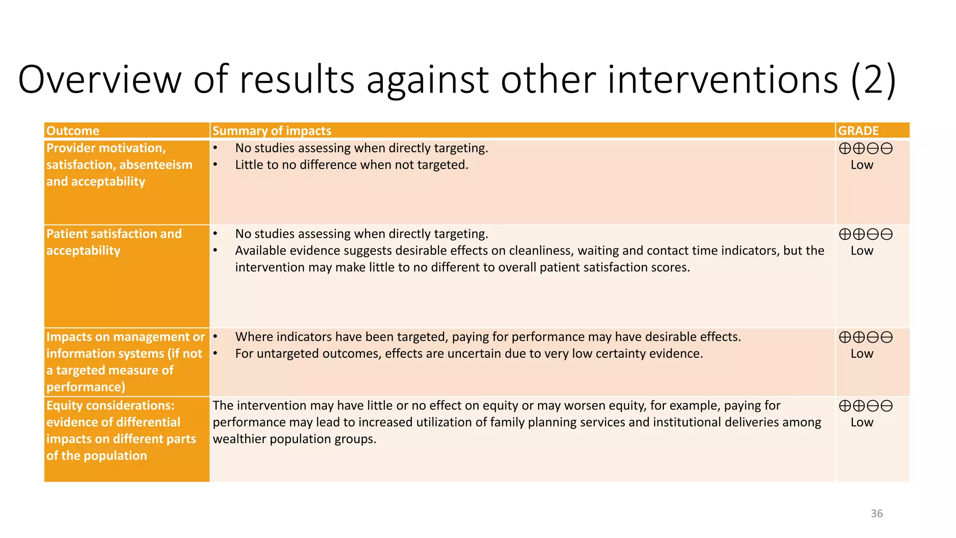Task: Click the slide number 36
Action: click(x=876, y=513)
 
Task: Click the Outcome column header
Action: click(x=73, y=131)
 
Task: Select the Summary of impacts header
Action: click(x=272, y=131)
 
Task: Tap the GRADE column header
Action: click(x=858, y=131)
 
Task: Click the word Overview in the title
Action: click(x=99, y=79)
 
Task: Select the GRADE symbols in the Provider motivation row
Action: click(x=865, y=149)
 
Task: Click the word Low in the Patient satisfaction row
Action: click(x=862, y=251)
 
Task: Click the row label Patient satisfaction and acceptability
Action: click(x=114, y=242)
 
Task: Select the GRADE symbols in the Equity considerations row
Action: click(x=865, y=406)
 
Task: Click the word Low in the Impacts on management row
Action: click(x=862, y=354)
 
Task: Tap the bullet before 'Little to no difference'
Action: click(x=215, y=165)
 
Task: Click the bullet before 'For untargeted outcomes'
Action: click(x=215, y=354)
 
